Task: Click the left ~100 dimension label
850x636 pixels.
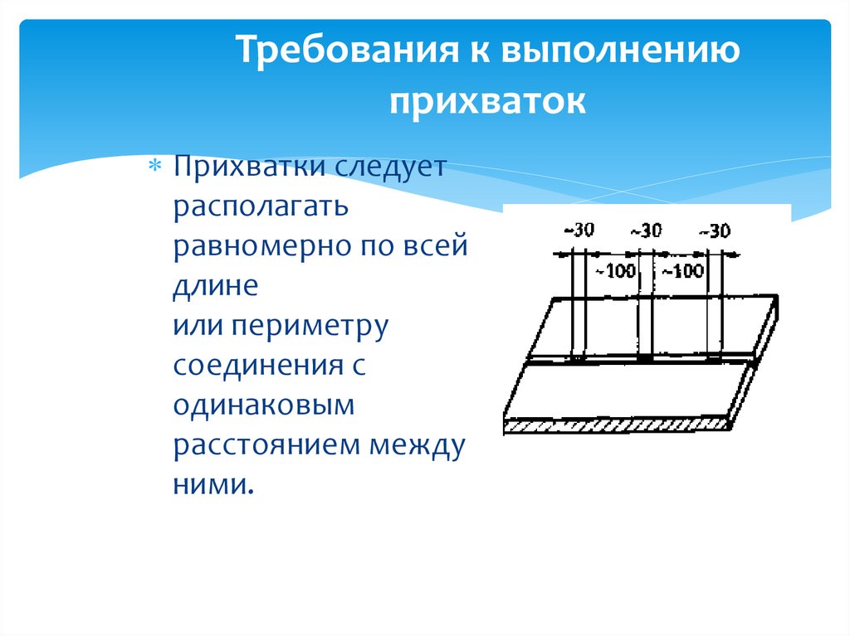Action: coord(616,270)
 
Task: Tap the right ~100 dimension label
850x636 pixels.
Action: coord(683,270)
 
